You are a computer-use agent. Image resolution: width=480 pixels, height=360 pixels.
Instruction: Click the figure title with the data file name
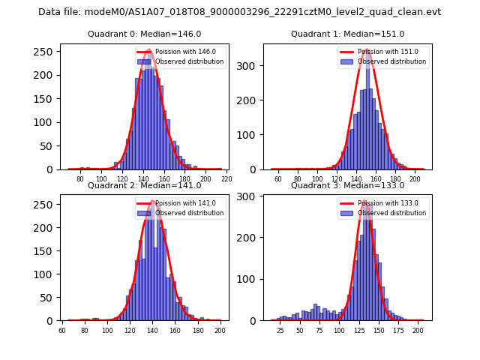pos(240,12)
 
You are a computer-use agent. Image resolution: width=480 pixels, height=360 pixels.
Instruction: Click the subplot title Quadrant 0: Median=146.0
pos(145,34)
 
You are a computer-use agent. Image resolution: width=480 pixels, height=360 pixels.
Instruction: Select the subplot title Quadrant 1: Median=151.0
pos(347,34)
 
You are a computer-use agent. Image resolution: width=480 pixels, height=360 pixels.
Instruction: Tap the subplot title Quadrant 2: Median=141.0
pos(145,185)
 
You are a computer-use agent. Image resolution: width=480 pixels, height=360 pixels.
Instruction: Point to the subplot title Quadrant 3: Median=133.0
pos(347,185)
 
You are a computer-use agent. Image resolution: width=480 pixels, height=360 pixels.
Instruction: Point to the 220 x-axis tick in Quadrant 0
pos(226,179)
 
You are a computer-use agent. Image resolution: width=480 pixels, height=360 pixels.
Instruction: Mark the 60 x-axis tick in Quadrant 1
pos(277,179)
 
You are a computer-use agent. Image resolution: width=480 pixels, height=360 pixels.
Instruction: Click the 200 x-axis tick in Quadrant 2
pos(219,331)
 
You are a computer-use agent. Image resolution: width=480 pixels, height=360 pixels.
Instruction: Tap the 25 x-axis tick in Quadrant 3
pos(280,331)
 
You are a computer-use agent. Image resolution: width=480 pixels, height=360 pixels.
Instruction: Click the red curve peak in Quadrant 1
pos(367,51)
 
